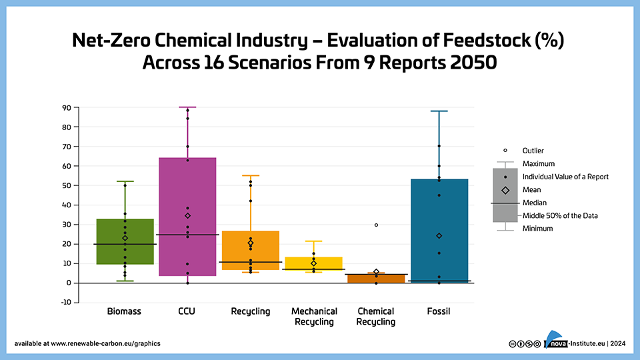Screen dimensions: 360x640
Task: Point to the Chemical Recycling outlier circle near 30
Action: point(376,225)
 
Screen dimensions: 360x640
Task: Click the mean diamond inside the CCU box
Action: point(188,215)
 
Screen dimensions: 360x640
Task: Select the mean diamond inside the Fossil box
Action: point(439,236)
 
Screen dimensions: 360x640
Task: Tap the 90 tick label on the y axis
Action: point(67,108)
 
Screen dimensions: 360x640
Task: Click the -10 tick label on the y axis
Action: point(65,303)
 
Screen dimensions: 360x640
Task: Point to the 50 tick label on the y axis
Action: point(67,186)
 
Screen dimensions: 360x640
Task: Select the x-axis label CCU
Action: point(187,311)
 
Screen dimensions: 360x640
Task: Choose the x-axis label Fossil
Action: point(439,311)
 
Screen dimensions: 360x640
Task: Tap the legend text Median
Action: point(535,203)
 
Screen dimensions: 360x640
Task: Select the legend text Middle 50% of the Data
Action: point(560,215)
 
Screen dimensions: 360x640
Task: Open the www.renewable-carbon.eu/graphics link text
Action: point(105,344)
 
